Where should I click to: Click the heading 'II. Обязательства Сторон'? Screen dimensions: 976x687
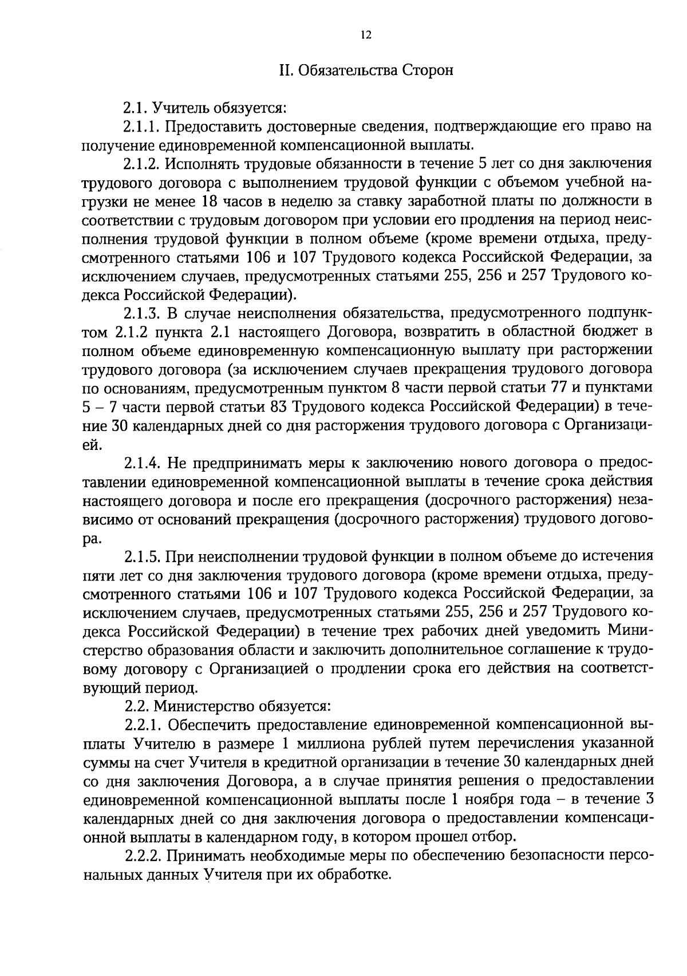tap(366, 70)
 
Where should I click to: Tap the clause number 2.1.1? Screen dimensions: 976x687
tap(141, 126)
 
